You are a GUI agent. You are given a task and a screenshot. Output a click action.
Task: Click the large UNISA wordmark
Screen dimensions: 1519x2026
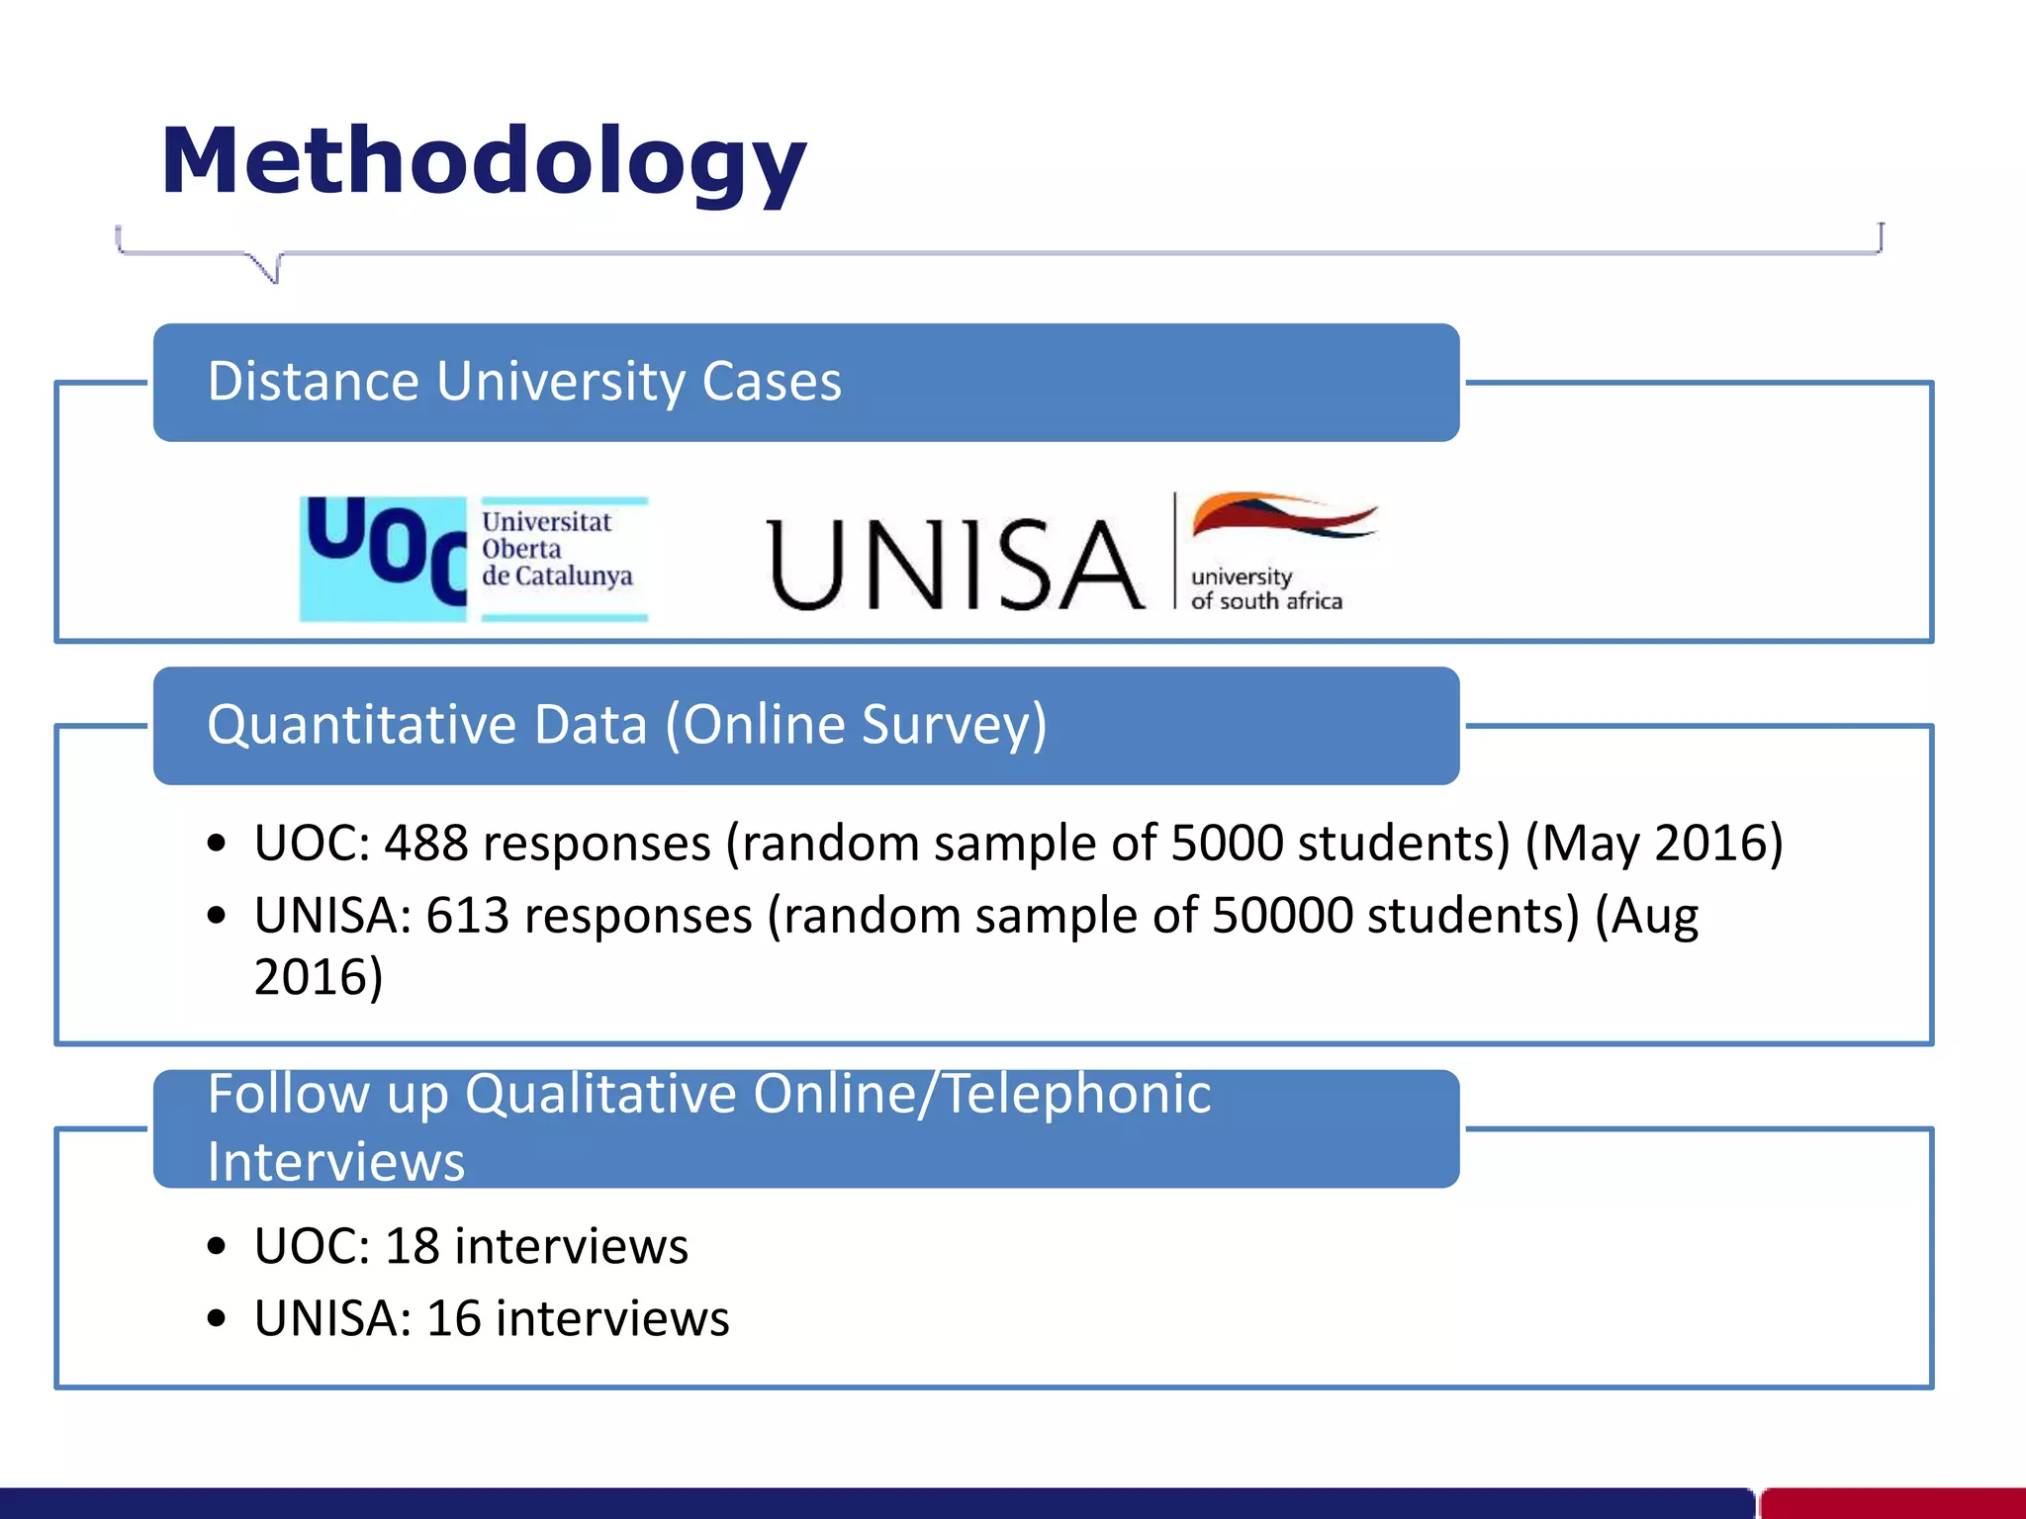[955, 564]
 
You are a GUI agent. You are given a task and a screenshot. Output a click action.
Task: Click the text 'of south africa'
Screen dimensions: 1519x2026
[1266, 601]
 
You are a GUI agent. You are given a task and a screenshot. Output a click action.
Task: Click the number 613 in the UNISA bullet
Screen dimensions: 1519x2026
[467, 916]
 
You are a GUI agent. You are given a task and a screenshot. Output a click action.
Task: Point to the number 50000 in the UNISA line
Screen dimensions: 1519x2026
[1282, 916]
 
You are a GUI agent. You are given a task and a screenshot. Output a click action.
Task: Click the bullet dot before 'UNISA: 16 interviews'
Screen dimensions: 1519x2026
[218, 1319]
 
